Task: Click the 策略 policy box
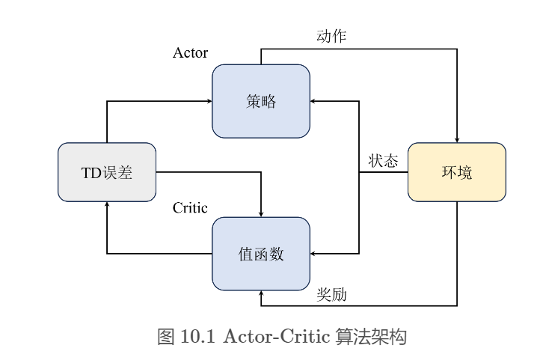coord(261,101)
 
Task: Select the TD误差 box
coord(107,172)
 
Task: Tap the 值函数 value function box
coord(261,254)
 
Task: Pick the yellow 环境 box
coord(456,172)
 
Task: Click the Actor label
coord(190,52)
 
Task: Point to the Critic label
coord(190,208)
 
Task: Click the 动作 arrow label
coord(331,36)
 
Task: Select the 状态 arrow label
coord(383,161)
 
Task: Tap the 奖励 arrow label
coord(331,295)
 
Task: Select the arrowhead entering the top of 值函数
coord(261,213)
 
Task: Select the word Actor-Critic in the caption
coord(274,337)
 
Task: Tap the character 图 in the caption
coord(165,337)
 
